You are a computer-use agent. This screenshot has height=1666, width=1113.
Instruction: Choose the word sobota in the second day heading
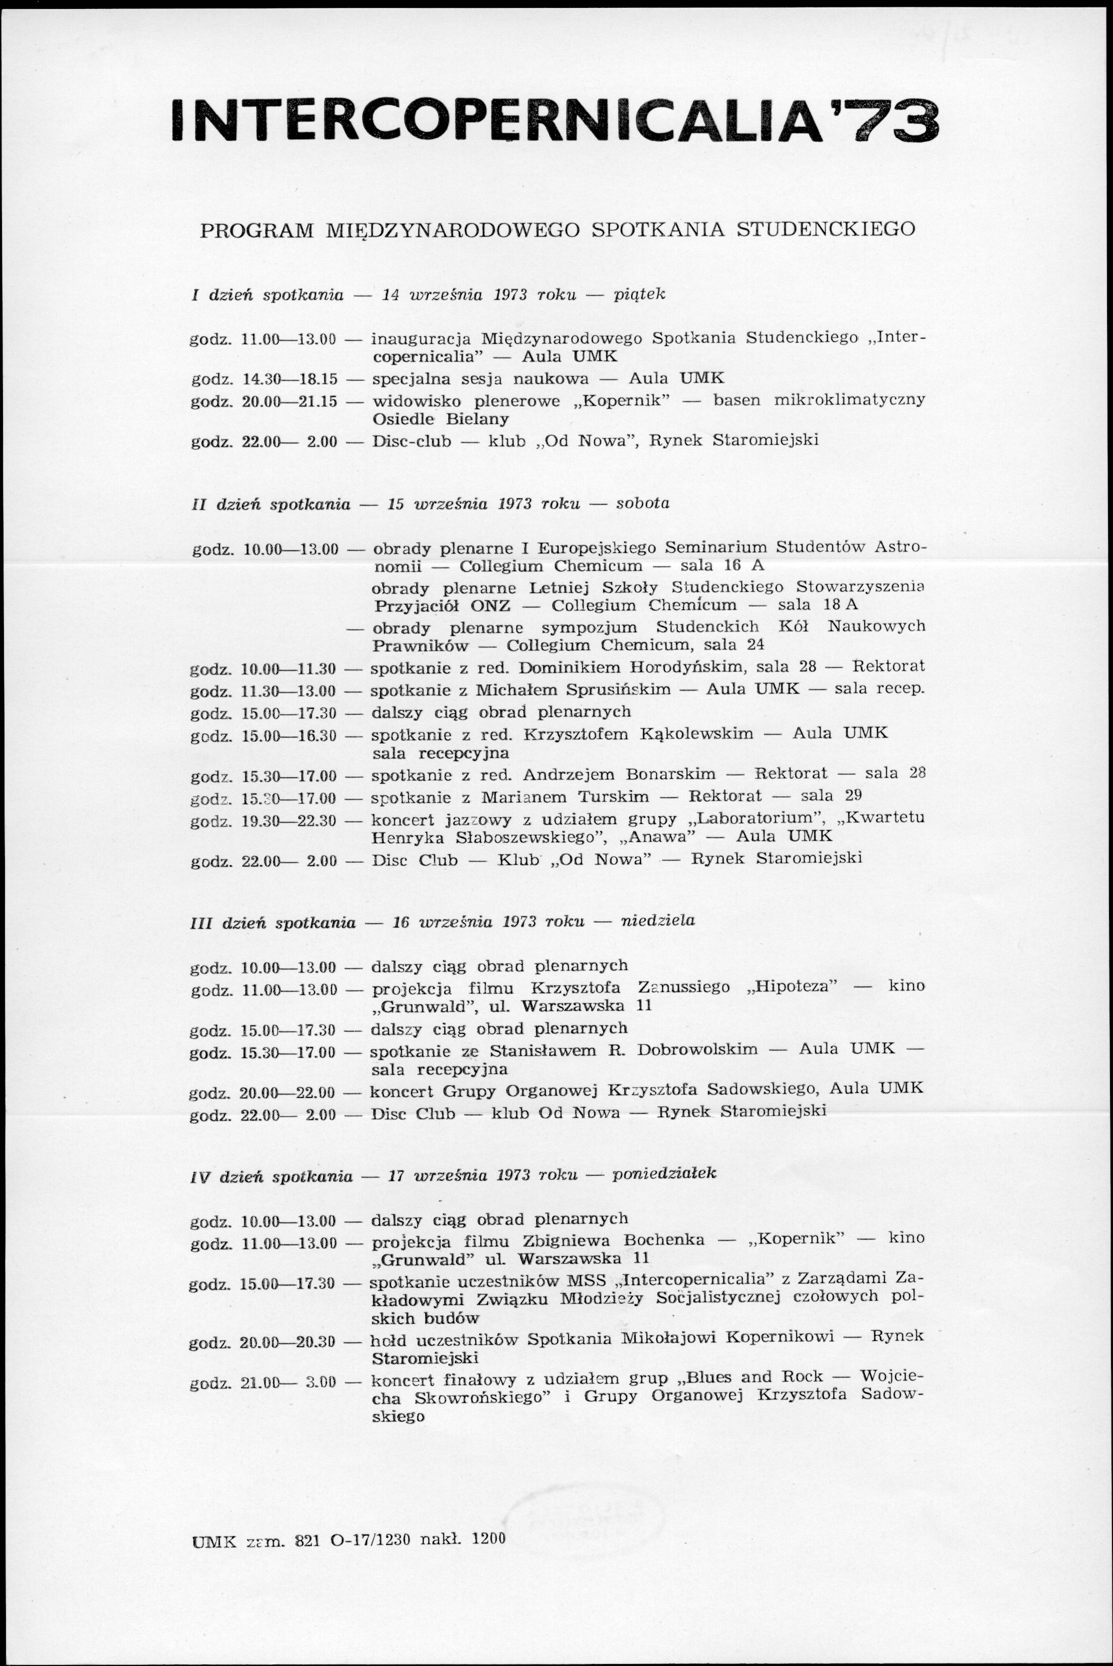tap(643, 504)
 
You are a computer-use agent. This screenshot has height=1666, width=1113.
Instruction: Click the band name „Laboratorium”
tap(760, 819)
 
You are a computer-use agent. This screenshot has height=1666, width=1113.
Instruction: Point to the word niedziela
tap(658, 922)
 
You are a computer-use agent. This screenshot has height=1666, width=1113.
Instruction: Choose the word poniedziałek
tap(664, 1173)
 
